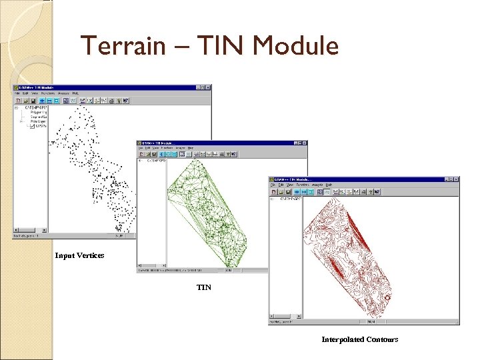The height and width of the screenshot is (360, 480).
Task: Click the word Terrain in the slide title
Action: tap(119, 46)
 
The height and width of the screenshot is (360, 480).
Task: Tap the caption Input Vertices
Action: tap(79, 255)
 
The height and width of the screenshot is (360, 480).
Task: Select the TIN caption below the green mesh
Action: tap(204, 287)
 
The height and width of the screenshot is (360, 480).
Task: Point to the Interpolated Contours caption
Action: tap(359, 339)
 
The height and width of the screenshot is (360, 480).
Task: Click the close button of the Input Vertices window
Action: tap(208, 87)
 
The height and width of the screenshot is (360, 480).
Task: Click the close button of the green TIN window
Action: tap(305, 143)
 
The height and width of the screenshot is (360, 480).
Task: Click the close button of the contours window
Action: tap(456, 179)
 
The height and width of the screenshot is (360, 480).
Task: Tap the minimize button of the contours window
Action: tap(445, 179)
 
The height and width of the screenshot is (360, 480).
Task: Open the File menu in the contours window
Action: tap(273, 185)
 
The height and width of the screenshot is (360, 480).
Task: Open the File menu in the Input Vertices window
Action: tap(17, 93)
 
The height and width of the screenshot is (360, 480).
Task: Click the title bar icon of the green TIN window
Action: tap(140, 143)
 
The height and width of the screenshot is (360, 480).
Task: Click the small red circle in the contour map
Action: tap(388, 298)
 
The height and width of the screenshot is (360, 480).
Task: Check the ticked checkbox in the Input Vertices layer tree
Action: tap(32, 127)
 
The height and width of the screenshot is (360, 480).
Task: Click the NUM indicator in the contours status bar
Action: tap(371, 321)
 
